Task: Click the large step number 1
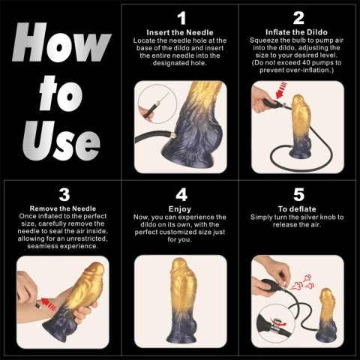[181, 18]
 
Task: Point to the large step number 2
[298, 18]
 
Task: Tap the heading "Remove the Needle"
[64, 208]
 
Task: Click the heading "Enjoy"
[181, 208]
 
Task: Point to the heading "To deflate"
[298, 208]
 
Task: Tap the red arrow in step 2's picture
[274, 112]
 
